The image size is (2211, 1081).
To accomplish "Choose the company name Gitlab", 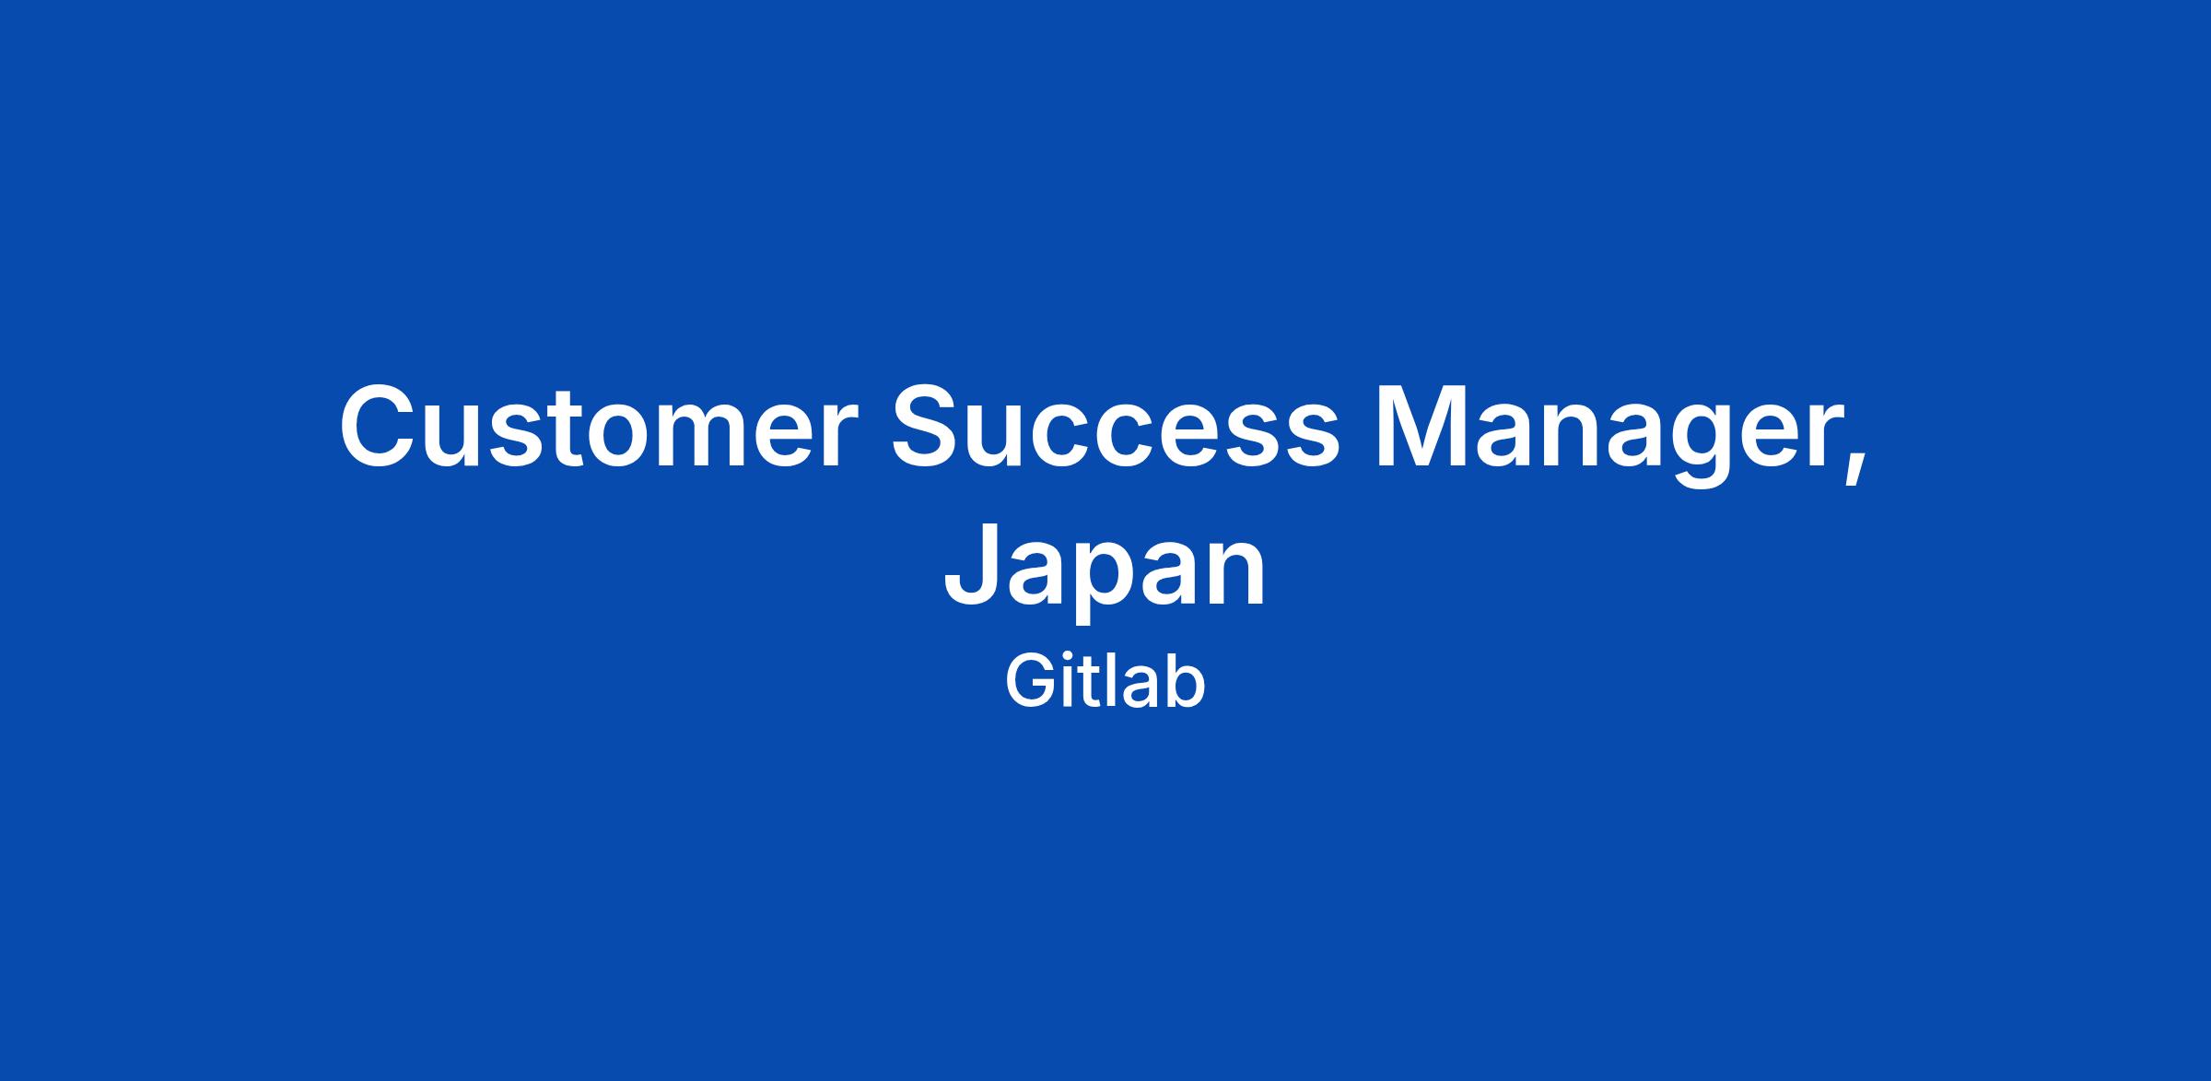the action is (x=1105, y=682).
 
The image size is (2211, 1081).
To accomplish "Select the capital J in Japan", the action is (x=970, y=565).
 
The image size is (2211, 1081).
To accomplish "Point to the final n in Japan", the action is (x=1237, y=575).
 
